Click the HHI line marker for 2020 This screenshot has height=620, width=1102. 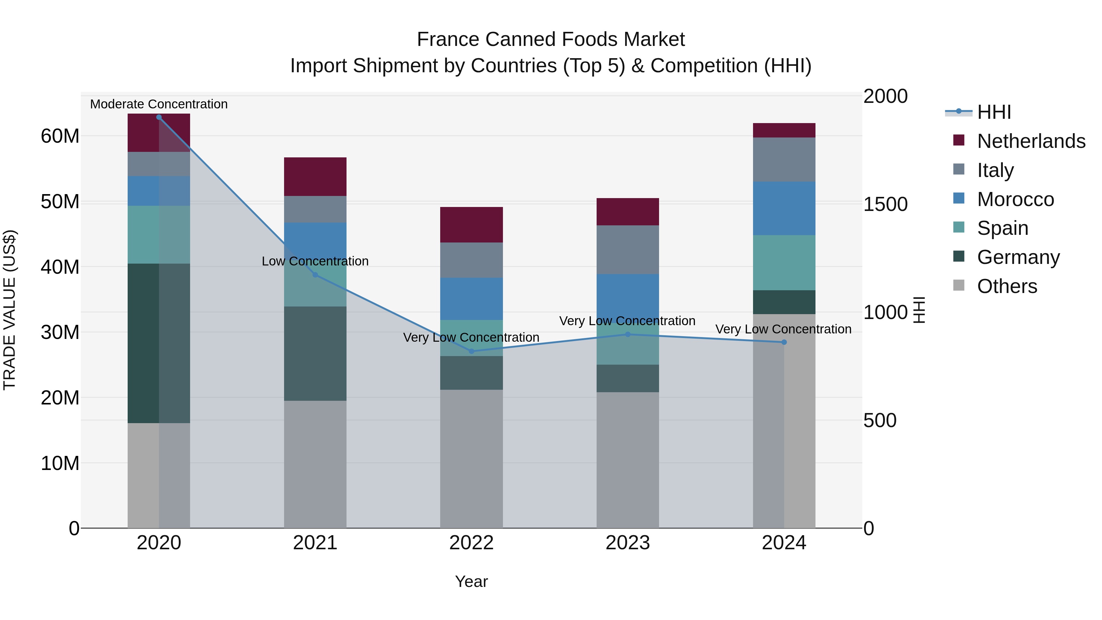[159, 117]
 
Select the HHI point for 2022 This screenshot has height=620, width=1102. [471, 351]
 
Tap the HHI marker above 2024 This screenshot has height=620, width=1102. [784, 342]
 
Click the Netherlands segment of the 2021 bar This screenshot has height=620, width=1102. [315, 177]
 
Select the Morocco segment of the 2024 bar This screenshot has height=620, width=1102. [784, 209]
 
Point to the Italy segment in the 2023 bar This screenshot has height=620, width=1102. [628, 250]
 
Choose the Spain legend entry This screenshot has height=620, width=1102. [1002, 228]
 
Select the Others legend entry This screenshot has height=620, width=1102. [1007, 286]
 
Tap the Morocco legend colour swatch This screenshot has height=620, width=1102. [959, 198]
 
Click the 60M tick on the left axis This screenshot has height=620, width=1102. [60, 136]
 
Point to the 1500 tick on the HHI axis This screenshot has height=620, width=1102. [885, 204]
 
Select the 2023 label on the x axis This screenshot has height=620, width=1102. [628, 543]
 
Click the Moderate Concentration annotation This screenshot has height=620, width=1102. [159, 104]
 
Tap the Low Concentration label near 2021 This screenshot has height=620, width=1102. [315, 261]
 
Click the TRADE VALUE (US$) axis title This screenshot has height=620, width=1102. [9, 310]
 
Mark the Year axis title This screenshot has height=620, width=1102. [471, 581]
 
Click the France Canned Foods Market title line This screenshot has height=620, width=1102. [551, 39]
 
